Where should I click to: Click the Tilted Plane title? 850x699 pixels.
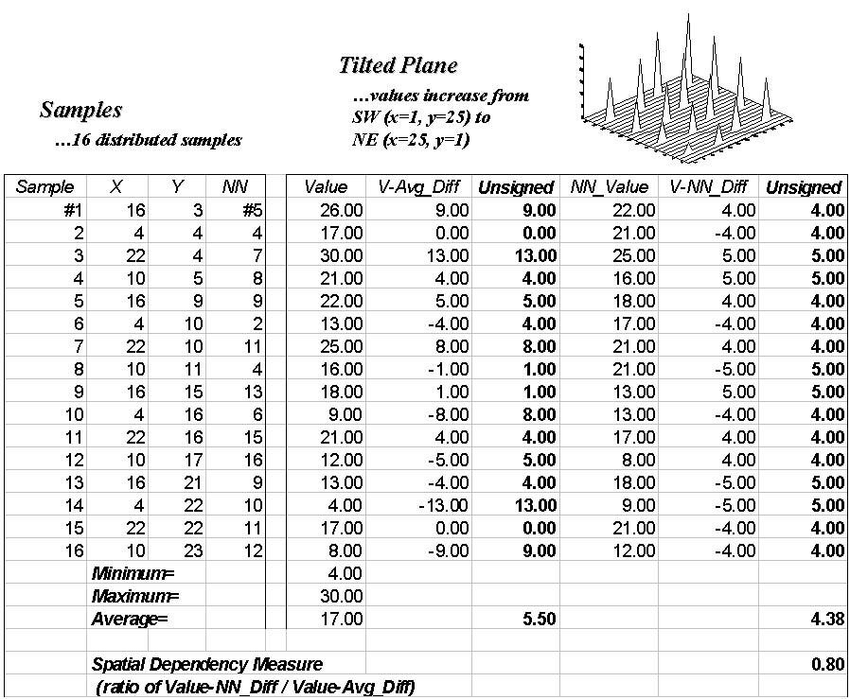pos(398,65)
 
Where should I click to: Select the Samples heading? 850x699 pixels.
pos(81,110)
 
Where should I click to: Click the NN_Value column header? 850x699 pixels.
pos(609,187)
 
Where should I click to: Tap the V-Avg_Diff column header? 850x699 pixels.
pos(426,187)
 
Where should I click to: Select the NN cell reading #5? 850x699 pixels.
pos(246,210)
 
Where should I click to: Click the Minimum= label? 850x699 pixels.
pos(133,573)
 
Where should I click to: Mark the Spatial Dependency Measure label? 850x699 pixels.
pos(207,664)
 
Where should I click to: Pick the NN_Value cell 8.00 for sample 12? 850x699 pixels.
pos(629,459)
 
